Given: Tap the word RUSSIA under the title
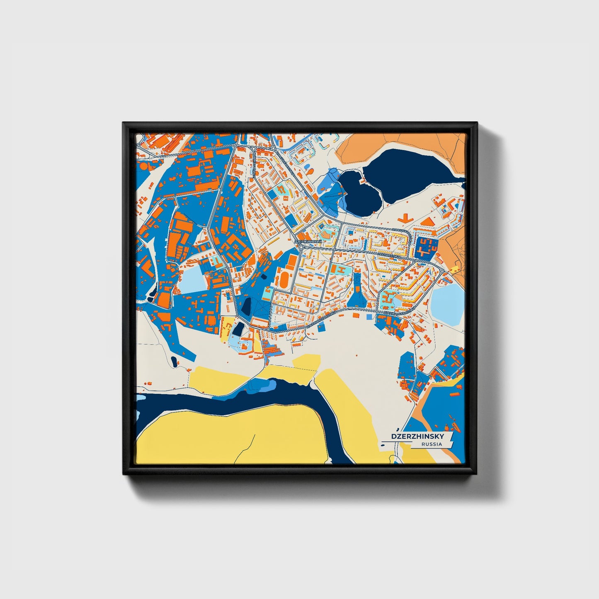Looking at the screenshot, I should [431, 444].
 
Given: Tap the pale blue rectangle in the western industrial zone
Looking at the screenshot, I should [193, 280].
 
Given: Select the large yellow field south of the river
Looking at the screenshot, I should [232, 435].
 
